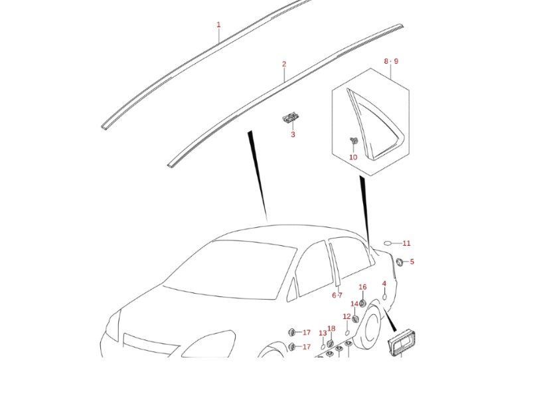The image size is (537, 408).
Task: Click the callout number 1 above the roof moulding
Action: point(218,25)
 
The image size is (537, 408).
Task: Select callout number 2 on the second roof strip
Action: point(284,64)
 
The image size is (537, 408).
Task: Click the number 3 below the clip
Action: point(292,135)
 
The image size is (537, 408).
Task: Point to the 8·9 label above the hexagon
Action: point(391,61)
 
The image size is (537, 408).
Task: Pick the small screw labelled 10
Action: point(354,141)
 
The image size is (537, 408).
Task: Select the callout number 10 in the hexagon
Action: point(353,157)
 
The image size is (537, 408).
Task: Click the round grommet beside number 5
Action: point(400,262)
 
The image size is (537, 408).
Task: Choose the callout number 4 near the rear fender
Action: point(384,284)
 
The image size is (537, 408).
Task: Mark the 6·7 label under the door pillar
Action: point(337,296)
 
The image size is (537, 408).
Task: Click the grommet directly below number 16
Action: point(362,304)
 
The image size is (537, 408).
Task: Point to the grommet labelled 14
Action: point(355,318)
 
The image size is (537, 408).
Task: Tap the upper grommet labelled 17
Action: point(291,332)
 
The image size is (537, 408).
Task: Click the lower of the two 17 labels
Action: point(306,347)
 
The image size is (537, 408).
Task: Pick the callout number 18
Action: point(331,328)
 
